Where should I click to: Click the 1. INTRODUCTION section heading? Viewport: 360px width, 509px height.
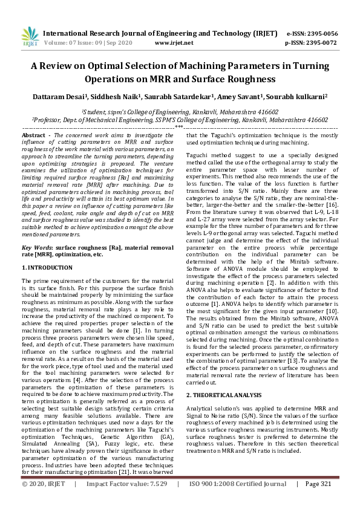point(48,267)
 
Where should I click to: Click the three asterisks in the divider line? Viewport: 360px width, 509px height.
point(180,128)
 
